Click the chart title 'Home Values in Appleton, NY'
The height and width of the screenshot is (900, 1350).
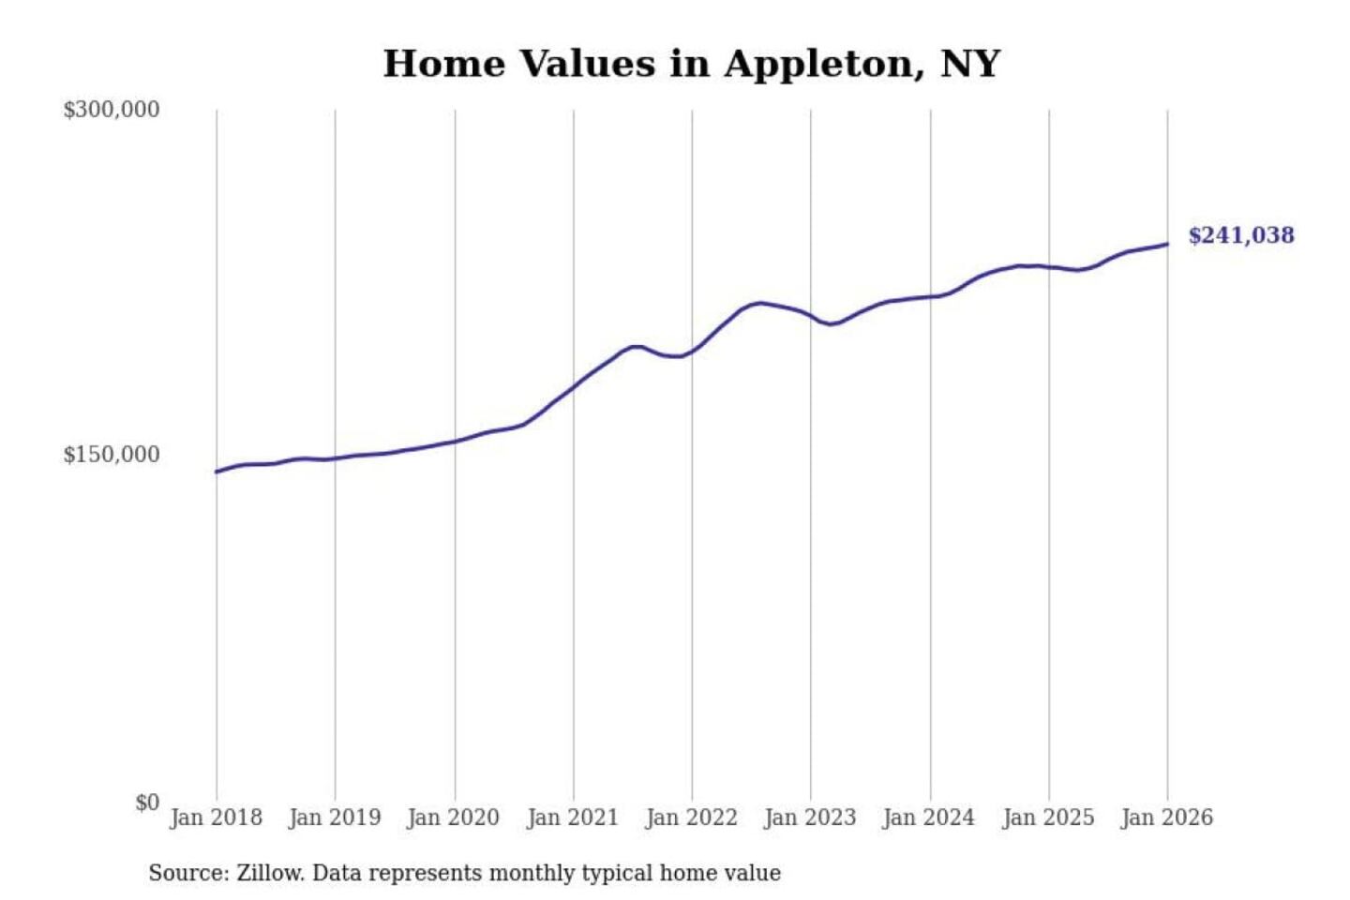(x=692, y=64)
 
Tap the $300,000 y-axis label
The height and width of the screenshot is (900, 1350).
(x=112, y=110)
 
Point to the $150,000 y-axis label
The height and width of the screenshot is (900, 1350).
(x=112, y=455)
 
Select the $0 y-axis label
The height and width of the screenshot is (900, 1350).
(x=147, y=802)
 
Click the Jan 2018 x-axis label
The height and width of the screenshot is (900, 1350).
(x=216, y=817)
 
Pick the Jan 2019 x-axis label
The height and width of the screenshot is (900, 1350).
(x=335, y=817)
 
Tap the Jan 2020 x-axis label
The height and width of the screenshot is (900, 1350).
(x=454, y=817)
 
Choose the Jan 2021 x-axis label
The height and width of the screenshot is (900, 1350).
(x=573, y=817)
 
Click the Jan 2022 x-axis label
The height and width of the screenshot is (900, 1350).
(x=692, y=817)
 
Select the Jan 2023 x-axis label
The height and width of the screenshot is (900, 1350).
(x=810, y=817)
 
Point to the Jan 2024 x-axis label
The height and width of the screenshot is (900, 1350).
(x=929, y=817)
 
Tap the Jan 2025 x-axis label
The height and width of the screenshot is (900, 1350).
(x=1048, y=817)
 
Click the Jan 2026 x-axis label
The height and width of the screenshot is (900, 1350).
(x=1167, y=817)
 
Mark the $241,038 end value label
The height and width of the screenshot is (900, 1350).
(x=1241, y=235)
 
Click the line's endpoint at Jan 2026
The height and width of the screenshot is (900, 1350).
(x=1167, y=245)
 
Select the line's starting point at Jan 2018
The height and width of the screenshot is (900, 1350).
(x=217, y=472)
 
